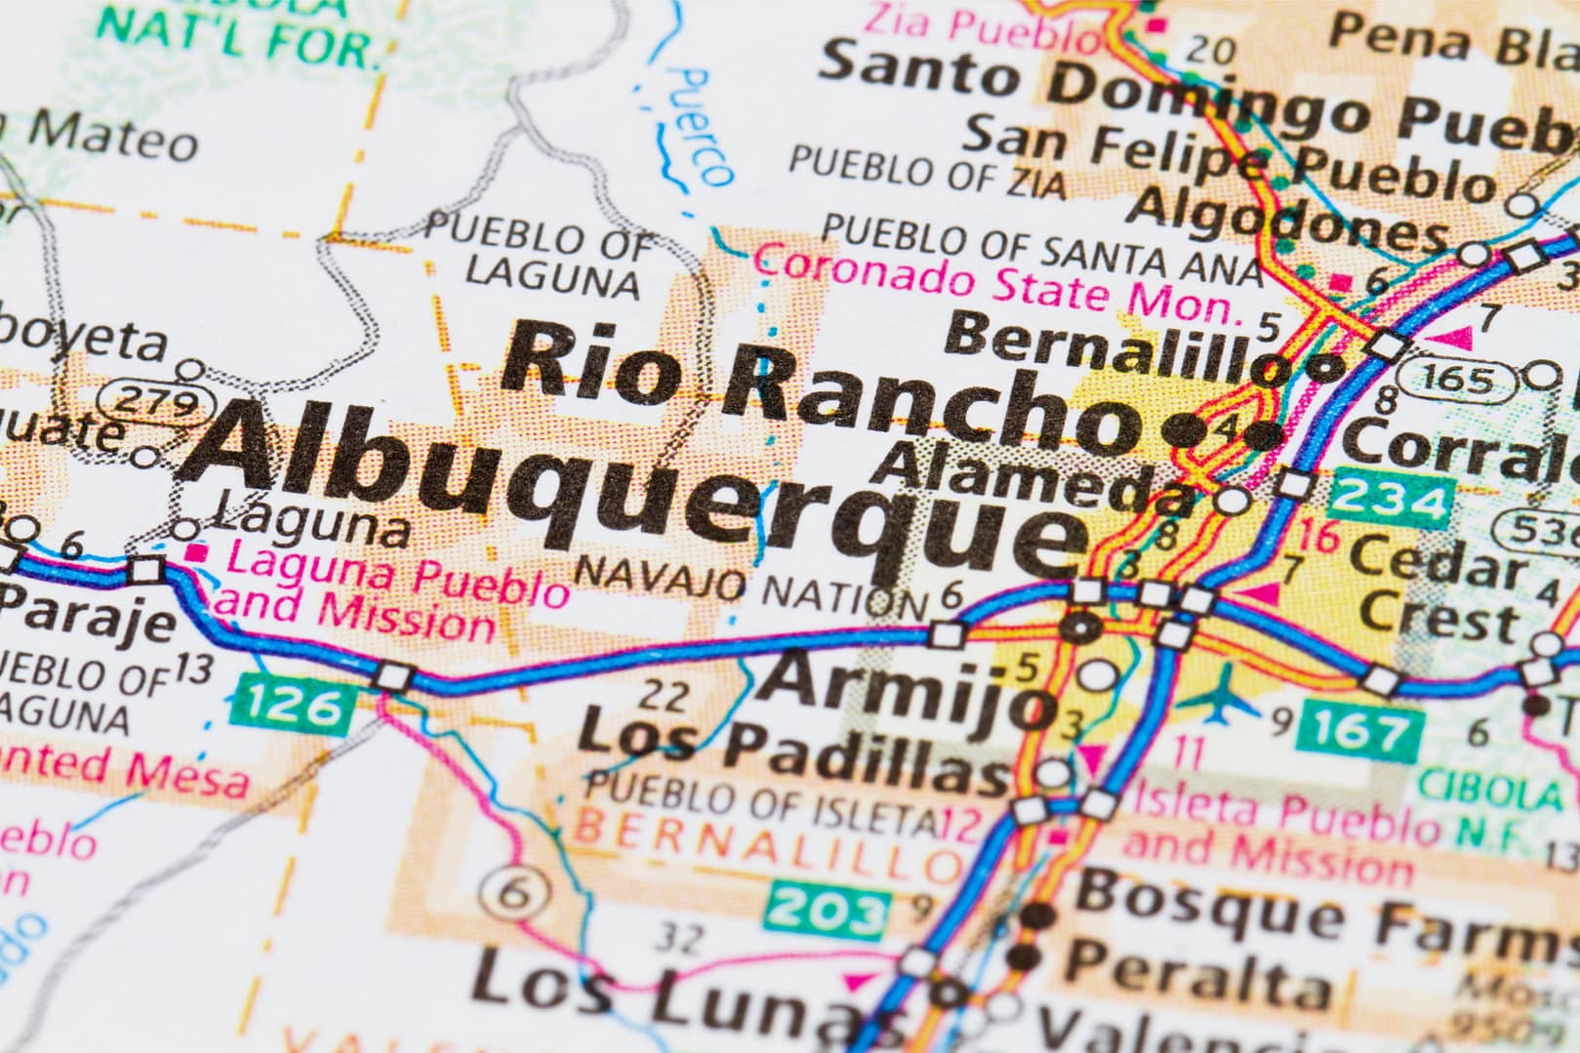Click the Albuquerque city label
coord(634,488)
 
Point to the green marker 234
coord(1391,501)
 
